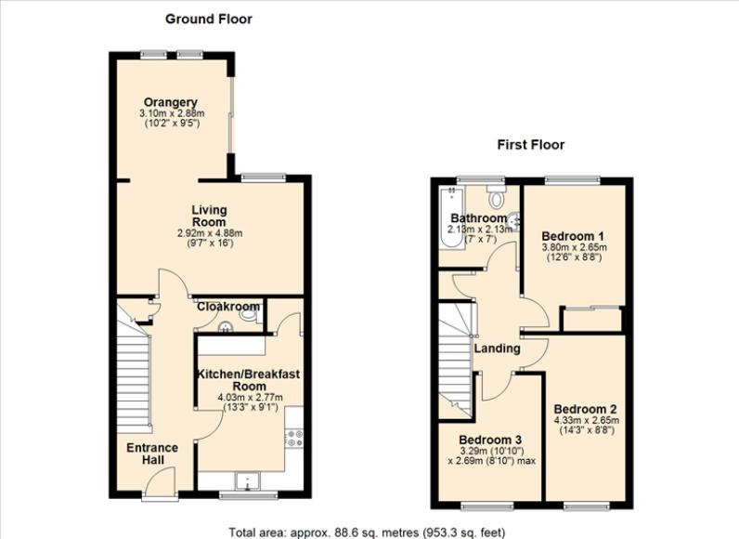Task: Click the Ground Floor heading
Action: pos(208,20)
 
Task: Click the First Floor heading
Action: pos(531,144)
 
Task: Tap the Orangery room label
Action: pos(171,102)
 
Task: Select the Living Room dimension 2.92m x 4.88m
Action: pos(210,233)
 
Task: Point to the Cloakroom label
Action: pos(228,307)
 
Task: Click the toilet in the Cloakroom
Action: pos(250,315)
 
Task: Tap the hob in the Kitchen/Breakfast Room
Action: pos(295,438)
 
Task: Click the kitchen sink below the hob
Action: pos(248,480)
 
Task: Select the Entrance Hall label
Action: pos(152,454)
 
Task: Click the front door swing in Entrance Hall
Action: pos(161,482)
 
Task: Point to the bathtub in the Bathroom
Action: pos(451,217)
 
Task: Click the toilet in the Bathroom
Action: pos(496,196)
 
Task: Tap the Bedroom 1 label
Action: pos(573,236)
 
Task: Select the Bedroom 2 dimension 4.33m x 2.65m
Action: pos(587,420)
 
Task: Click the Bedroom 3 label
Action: pos(490,440)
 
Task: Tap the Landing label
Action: pos(498,348)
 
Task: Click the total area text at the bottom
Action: pos(367,532)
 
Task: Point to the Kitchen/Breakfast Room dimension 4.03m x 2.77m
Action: pos(251,398)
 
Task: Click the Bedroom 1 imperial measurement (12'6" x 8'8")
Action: pos(574,257)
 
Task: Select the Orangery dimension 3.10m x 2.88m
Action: pos(172,113)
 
